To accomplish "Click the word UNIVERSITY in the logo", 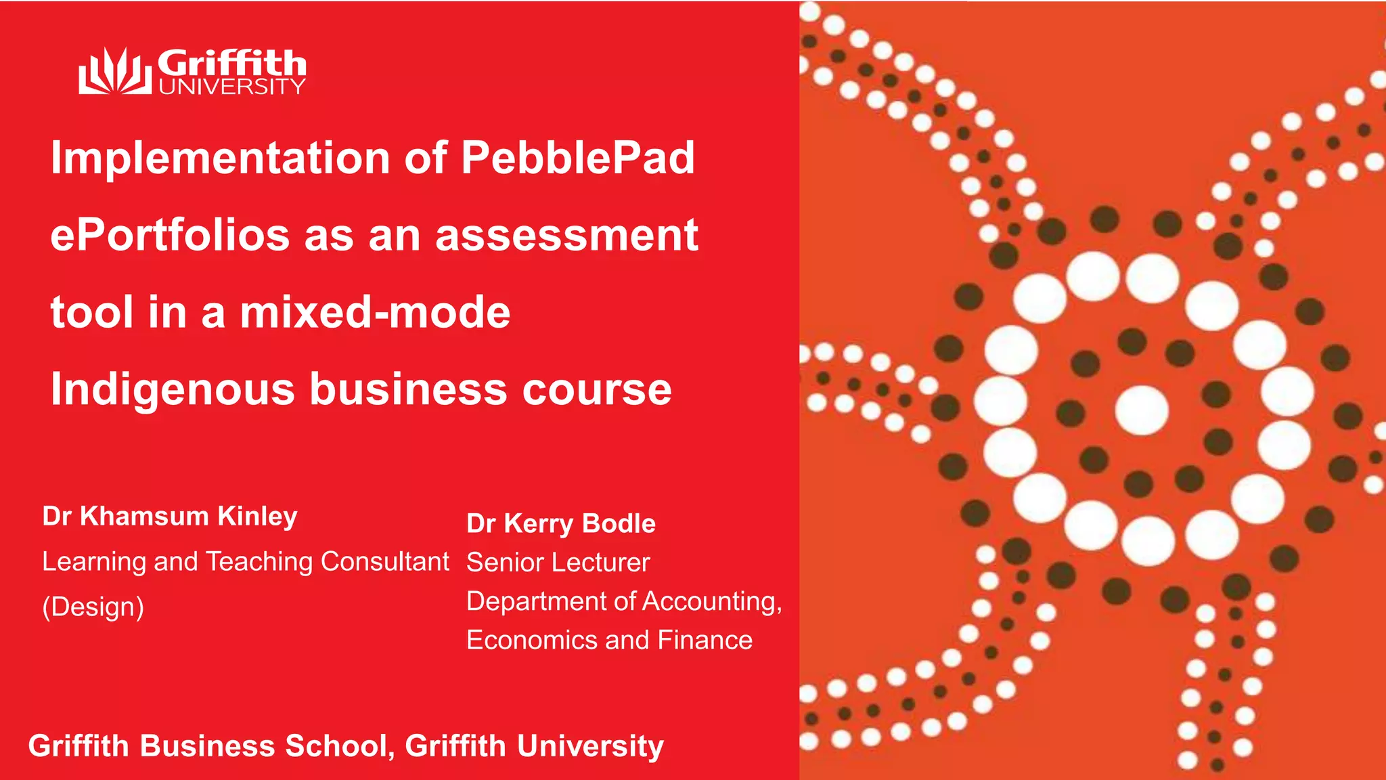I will [x=231, y=87].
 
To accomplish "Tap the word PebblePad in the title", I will [x=577, y=158].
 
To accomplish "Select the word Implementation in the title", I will [x=221, y=158].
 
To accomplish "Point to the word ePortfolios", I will [x=170, y=236].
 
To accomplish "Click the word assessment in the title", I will [x=566, y=236].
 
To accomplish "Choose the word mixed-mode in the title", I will [x=375, y=312].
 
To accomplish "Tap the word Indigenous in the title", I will [x=173, y=390].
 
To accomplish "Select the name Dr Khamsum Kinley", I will [x=170, y=517].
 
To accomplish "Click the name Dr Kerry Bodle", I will [x=561, y=523].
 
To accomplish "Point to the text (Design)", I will [x=93, y=607].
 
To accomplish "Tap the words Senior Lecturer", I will [x=558, y=563].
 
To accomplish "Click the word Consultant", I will [x=384, y=561].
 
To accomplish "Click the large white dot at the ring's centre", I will [x=1141, y=410].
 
